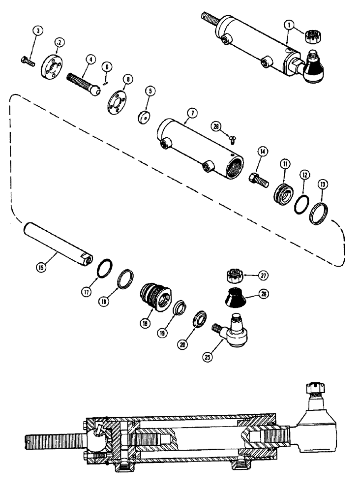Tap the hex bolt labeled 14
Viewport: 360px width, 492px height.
(x=257, y=178)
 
